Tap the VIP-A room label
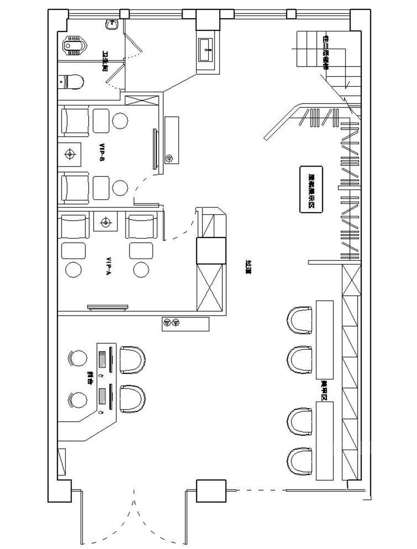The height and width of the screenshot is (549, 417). pyautogui.click(x=108, y=266)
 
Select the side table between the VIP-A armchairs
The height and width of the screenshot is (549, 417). pyautogui.click(x=106, y=222)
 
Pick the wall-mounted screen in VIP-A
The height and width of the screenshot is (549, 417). pyautogui.click(x=108, y=307)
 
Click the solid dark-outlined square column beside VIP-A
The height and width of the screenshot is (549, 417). pyautogui.click(x=210, y=251)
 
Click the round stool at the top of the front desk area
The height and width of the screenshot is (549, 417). pyautogui.click(x=78, y=358)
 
